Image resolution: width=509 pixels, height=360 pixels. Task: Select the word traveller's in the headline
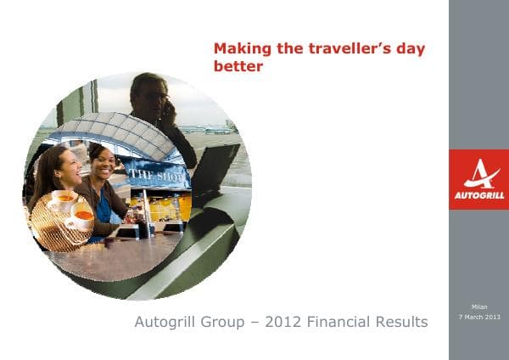346,49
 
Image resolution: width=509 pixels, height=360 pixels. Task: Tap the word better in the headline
238,65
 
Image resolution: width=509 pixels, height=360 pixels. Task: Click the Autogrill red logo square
478,179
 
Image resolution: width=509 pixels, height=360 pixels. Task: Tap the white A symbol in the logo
479,174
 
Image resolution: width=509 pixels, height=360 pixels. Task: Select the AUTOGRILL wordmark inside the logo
478,195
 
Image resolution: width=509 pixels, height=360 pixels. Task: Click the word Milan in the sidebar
479,307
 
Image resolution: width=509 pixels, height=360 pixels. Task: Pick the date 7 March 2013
479,317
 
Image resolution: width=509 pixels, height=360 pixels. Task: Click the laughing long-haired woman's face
67,166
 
